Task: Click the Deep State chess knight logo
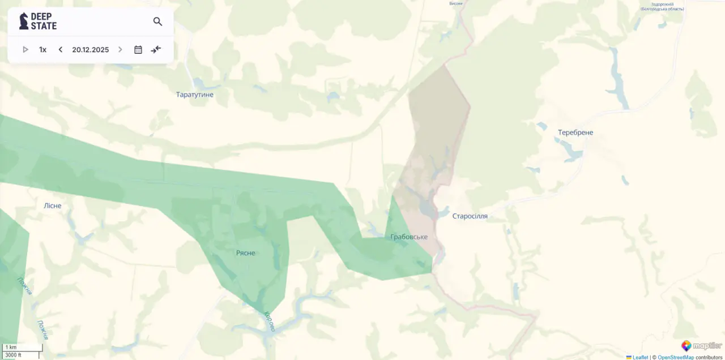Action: (24, 22)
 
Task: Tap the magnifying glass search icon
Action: (157, 22)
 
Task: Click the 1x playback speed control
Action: (42, 50)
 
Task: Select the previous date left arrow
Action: (61, 50)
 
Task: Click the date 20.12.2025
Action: (91, 50)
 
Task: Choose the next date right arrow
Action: (120, 50)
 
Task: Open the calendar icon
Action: (138, 50)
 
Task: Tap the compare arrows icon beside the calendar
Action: (156, 50)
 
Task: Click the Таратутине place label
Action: (195, 95)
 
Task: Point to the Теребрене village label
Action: (575, 132)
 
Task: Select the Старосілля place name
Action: (470, 216)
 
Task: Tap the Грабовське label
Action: (409, 237)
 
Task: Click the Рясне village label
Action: (246, 253)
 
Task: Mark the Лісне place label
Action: (53, 206)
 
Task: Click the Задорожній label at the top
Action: (662, 5)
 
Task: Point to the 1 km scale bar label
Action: (11, 348)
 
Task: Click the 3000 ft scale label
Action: (13, 355)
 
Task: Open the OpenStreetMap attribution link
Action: (676, 357)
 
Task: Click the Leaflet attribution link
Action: (640, 357)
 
